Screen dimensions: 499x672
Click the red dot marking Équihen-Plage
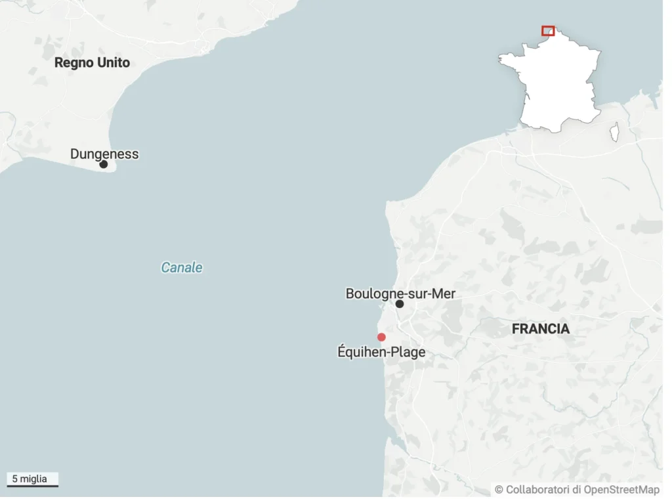(x=381, y=337)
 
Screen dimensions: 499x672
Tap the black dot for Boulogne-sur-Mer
(x=399, y=304)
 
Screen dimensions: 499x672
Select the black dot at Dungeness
(x=103, y=164)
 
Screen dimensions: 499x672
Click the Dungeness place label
(x=104, y=154)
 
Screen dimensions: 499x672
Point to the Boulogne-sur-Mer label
(x=400, y=293)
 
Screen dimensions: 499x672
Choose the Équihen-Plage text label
(x=381, y=352)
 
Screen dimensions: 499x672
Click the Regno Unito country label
(x=92, y=62)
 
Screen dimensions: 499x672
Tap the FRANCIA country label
(x=541, y=329)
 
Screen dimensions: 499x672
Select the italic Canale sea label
(x=182, y=267)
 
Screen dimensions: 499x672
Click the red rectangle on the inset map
(x=548, y=31)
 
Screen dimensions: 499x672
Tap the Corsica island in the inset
(x=614, y=132)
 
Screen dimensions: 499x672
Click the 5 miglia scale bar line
(x=33, y=486)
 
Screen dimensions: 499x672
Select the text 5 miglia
(x=30, y=479)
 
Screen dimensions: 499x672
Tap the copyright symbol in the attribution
(x=499, y=489)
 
